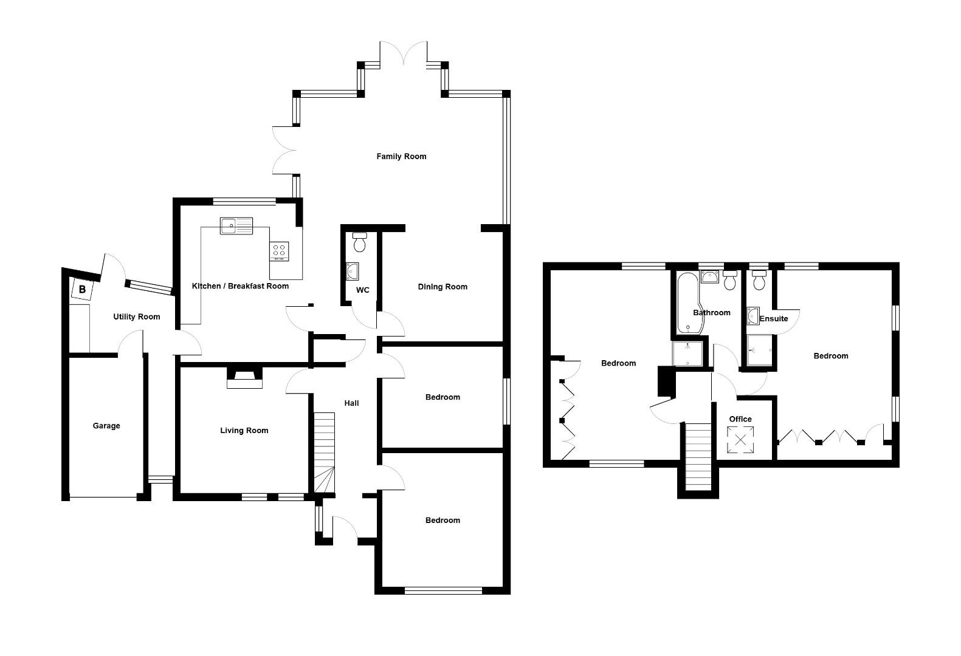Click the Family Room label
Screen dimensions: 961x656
pyautogui.click(x=401, y=157)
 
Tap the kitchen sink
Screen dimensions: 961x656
pyautogui.click(x=236, y=226)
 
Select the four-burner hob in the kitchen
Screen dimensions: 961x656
pyautogui.click(x=279, y=251)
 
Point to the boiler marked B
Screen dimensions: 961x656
pyautogui.click(x=82, y=289)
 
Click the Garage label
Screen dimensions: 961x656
pyautogui.click(x=106, y=426)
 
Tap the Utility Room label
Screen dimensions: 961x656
pyautogui.click(x=136, y=317)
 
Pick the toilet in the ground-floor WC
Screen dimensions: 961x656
pyautogui.click(x=359, y=242)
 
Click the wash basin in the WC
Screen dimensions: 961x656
pyautogui.click(x=352, y=272)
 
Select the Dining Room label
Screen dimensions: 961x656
pyautogui.click(x=443, y=287)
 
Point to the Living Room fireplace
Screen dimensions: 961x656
pyautogui.click(x=244, y=378)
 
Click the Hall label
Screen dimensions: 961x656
pyautogui.click(x=351, y=403)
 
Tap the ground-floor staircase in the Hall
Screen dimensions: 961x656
pyautogui.click(x=325, y=453)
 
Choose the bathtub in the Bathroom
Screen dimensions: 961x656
pyautogui.click(x=688, y=303)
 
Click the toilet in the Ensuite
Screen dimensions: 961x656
pyautogui.click(x=759, y=280)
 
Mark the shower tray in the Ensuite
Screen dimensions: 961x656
pyautogui.click(x=759, y=350)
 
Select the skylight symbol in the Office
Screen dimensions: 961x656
pyautogui.click(x=740, y=440)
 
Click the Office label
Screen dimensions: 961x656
pyautogui.click(x=740, y=419)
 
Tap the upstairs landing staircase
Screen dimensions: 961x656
pyautogui.click(x=698, y=457)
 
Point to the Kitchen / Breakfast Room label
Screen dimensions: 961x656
pyautogui.click(x=240, y=286)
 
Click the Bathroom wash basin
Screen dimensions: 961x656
pyautogui.click(x=710, y=277)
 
